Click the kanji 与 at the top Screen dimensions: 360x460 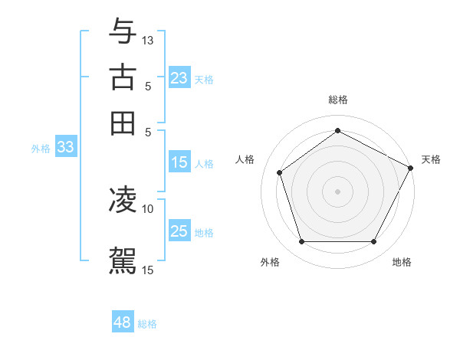123,31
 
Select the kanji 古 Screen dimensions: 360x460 123,77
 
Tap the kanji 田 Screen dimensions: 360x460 123,123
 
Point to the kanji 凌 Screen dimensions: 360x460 123,200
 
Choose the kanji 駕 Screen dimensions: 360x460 123,260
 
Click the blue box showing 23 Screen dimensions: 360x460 179,79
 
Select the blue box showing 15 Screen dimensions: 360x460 179,162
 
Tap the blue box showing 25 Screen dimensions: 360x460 179,231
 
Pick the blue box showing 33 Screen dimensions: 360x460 65,148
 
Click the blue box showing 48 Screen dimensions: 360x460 123,323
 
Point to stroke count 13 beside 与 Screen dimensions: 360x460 149,39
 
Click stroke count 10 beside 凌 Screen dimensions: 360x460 148,208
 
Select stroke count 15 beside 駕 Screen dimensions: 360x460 148,269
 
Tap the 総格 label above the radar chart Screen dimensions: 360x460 338,100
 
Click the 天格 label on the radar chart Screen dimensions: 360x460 431,159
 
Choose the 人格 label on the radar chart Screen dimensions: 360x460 245,159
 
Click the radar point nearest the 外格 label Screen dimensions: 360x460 301,242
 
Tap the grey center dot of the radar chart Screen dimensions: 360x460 338,191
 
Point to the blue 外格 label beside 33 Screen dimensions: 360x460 41,149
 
